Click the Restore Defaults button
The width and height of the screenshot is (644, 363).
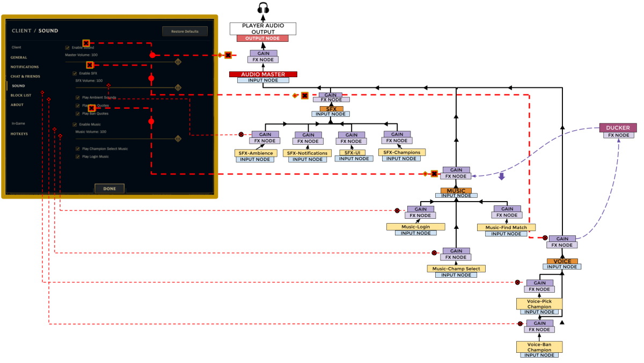point(185,32)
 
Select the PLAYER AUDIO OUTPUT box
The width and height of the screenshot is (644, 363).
point(263,28)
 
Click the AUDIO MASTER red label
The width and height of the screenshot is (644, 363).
point(262,75)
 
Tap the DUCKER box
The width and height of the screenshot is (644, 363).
point(618,128)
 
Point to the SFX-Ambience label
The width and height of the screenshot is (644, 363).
point(255,153)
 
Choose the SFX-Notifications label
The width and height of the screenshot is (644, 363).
point(307,153)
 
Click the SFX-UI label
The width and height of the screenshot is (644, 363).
point(352,153)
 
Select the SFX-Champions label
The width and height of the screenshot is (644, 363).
point(401,152)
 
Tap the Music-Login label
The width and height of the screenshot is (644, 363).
point(415,227)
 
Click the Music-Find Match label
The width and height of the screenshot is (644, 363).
point(506,227)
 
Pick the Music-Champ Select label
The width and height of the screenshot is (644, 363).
point(456,269)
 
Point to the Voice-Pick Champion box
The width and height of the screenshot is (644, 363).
point(539,304)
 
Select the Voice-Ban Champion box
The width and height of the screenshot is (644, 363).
point(539,347)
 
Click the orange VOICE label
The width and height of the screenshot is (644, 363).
point(562,262)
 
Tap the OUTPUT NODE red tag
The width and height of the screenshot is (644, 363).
point(262,39)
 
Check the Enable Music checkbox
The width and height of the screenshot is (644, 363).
point(75,124)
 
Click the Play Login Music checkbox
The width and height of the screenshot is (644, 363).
point(78,157)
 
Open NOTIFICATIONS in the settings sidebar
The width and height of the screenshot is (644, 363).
point(25,67)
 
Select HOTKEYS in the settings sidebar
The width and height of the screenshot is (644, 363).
point(19,134)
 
